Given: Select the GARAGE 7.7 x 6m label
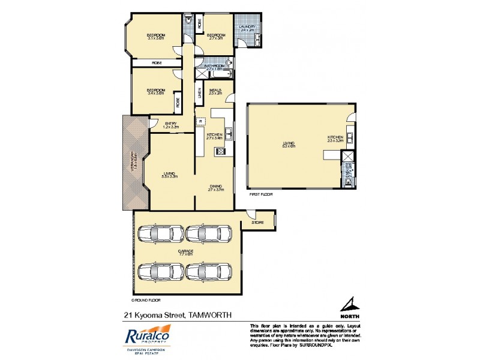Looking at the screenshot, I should click(185, 252).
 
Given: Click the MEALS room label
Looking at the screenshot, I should click(215, 92).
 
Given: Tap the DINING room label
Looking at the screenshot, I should click(215, 188).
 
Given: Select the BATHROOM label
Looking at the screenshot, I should click(214, 68).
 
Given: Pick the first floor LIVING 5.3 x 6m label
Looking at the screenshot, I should click(290, 145).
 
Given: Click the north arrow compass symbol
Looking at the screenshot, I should click(350, 305).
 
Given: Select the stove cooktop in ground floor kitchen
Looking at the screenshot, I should click(220, 152).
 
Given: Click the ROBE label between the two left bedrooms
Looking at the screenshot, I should click(157, 62).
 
